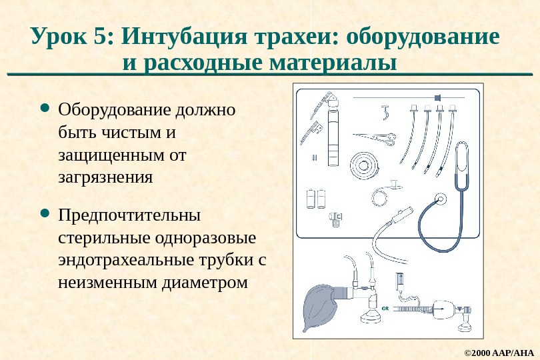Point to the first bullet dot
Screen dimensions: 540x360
[45, 107]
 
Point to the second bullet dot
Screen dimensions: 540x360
[45, 214]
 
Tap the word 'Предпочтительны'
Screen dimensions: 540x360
[129, 216]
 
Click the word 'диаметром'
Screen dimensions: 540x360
[205, 283]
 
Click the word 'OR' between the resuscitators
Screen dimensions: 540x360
[385, 308]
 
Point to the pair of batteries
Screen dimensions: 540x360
[315, 199]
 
